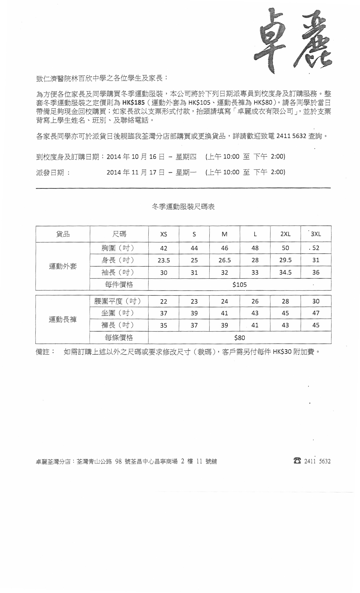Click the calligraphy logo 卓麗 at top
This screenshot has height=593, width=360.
pos(293,40)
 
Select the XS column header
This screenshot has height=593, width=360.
pos(164,234)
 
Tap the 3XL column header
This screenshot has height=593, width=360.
pos(316,234)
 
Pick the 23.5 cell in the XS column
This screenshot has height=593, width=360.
pos(164,260)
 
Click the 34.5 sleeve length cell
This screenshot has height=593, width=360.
pos(285,272)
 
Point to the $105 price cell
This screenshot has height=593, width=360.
pos(239,285)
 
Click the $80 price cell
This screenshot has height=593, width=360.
pos(239,338)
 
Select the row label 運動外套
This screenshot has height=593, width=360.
pos(63,266)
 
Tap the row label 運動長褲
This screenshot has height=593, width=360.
pos(63,320)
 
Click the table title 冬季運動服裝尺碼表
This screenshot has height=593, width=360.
pos(183,207)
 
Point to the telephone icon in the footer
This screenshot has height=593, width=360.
pos(297,461)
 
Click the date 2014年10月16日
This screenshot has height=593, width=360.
pos(135,157)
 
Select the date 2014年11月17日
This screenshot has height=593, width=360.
pos(135,172)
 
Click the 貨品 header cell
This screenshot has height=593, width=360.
pos(63,234)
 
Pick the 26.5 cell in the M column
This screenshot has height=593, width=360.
pos(224,260)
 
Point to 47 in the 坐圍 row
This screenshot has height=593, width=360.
pos(316,313)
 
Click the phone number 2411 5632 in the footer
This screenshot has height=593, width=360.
pos(317,461)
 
